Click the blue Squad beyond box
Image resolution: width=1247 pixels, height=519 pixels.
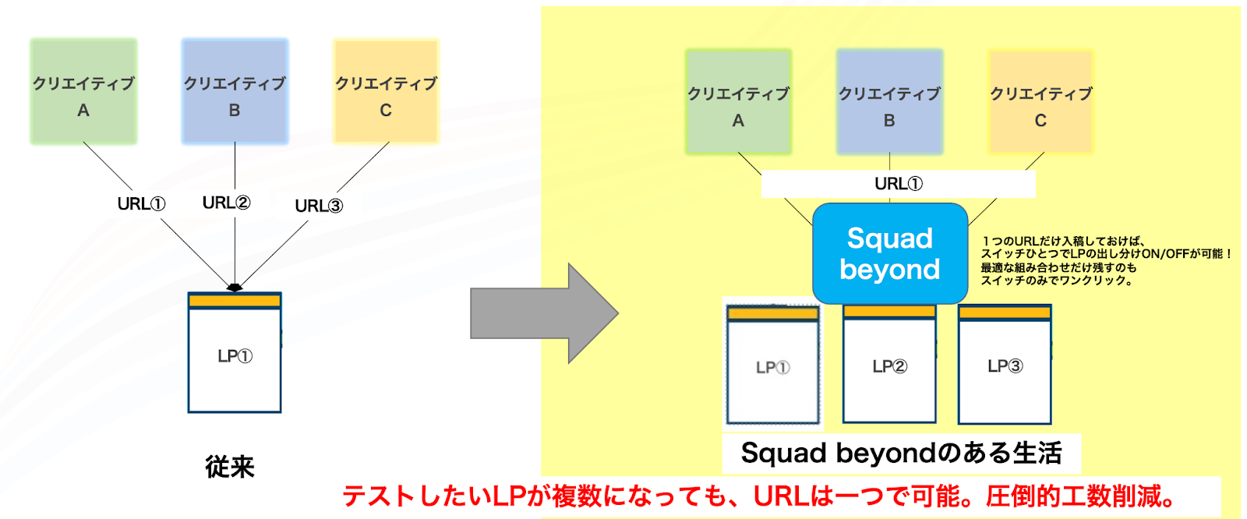point(889,253)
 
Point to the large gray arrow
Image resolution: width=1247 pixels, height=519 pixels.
point(544,313)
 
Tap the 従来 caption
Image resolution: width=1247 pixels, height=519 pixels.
point(230,467)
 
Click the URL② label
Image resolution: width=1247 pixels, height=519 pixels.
point(226,203)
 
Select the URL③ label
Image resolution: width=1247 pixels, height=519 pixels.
point(319,206)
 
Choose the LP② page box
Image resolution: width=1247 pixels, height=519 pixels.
point(889,363)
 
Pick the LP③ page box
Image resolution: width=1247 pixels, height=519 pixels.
point(1005,364)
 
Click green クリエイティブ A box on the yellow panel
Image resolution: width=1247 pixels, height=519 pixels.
point(738,101)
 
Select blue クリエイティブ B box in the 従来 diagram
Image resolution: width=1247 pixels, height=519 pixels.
point(235,91)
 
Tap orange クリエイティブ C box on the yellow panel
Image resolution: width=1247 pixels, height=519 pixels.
point(1040,101)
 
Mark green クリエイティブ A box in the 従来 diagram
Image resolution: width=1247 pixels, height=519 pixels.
point(83,91)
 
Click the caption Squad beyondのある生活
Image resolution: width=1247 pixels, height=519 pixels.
point(901,453)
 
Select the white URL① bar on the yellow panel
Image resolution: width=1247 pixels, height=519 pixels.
point(899,184)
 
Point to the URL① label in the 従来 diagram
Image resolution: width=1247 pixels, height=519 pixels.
point(141,204)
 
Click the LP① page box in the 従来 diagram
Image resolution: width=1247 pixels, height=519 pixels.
point(235,352)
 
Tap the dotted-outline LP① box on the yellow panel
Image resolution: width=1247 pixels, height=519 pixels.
point(772,364)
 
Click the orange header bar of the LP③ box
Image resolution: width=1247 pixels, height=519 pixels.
point(1005,312)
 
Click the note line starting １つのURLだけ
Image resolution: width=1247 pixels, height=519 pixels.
point(1063,241)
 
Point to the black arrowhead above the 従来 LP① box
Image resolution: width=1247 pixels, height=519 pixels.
point(235,288)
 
